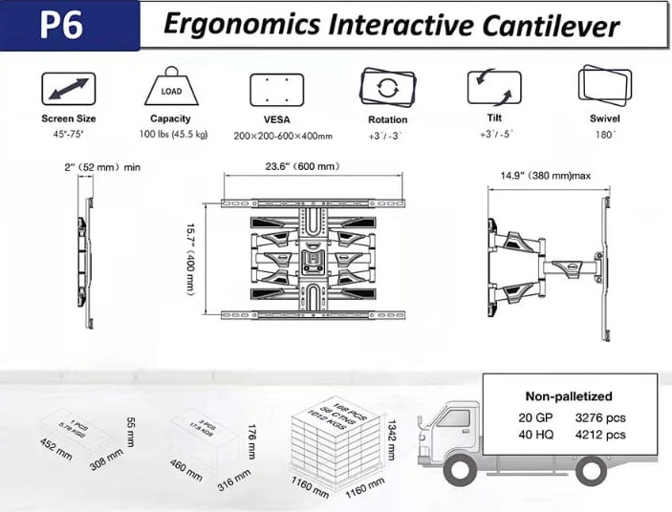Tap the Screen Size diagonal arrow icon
pyautogui.click(x=68, y=89)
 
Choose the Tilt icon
pyautogui.click(x=494, y=87)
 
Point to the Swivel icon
pyautogui.click(x=604, y=86)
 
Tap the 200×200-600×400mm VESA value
pyautogui.click(x=283, y=136)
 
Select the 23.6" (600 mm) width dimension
pyautogui.click(x=301, y=166)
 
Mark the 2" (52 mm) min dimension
pyautogui.click(x=102, y=167)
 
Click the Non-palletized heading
pyautogui.click(x=569, y=395)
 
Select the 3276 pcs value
pyautogui.click(x=602, y=416)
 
